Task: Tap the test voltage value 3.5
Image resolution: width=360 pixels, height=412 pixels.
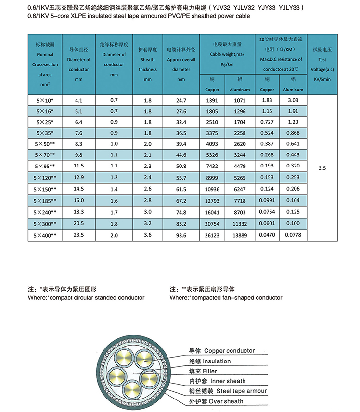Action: (322, 168)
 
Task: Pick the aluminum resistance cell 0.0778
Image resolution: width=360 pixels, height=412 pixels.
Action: (293, 235)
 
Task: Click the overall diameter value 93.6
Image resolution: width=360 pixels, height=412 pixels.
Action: (180, 235)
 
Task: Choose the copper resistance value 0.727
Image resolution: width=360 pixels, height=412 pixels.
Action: (267, 123)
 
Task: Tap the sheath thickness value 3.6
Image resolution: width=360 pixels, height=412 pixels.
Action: (148, 235)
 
